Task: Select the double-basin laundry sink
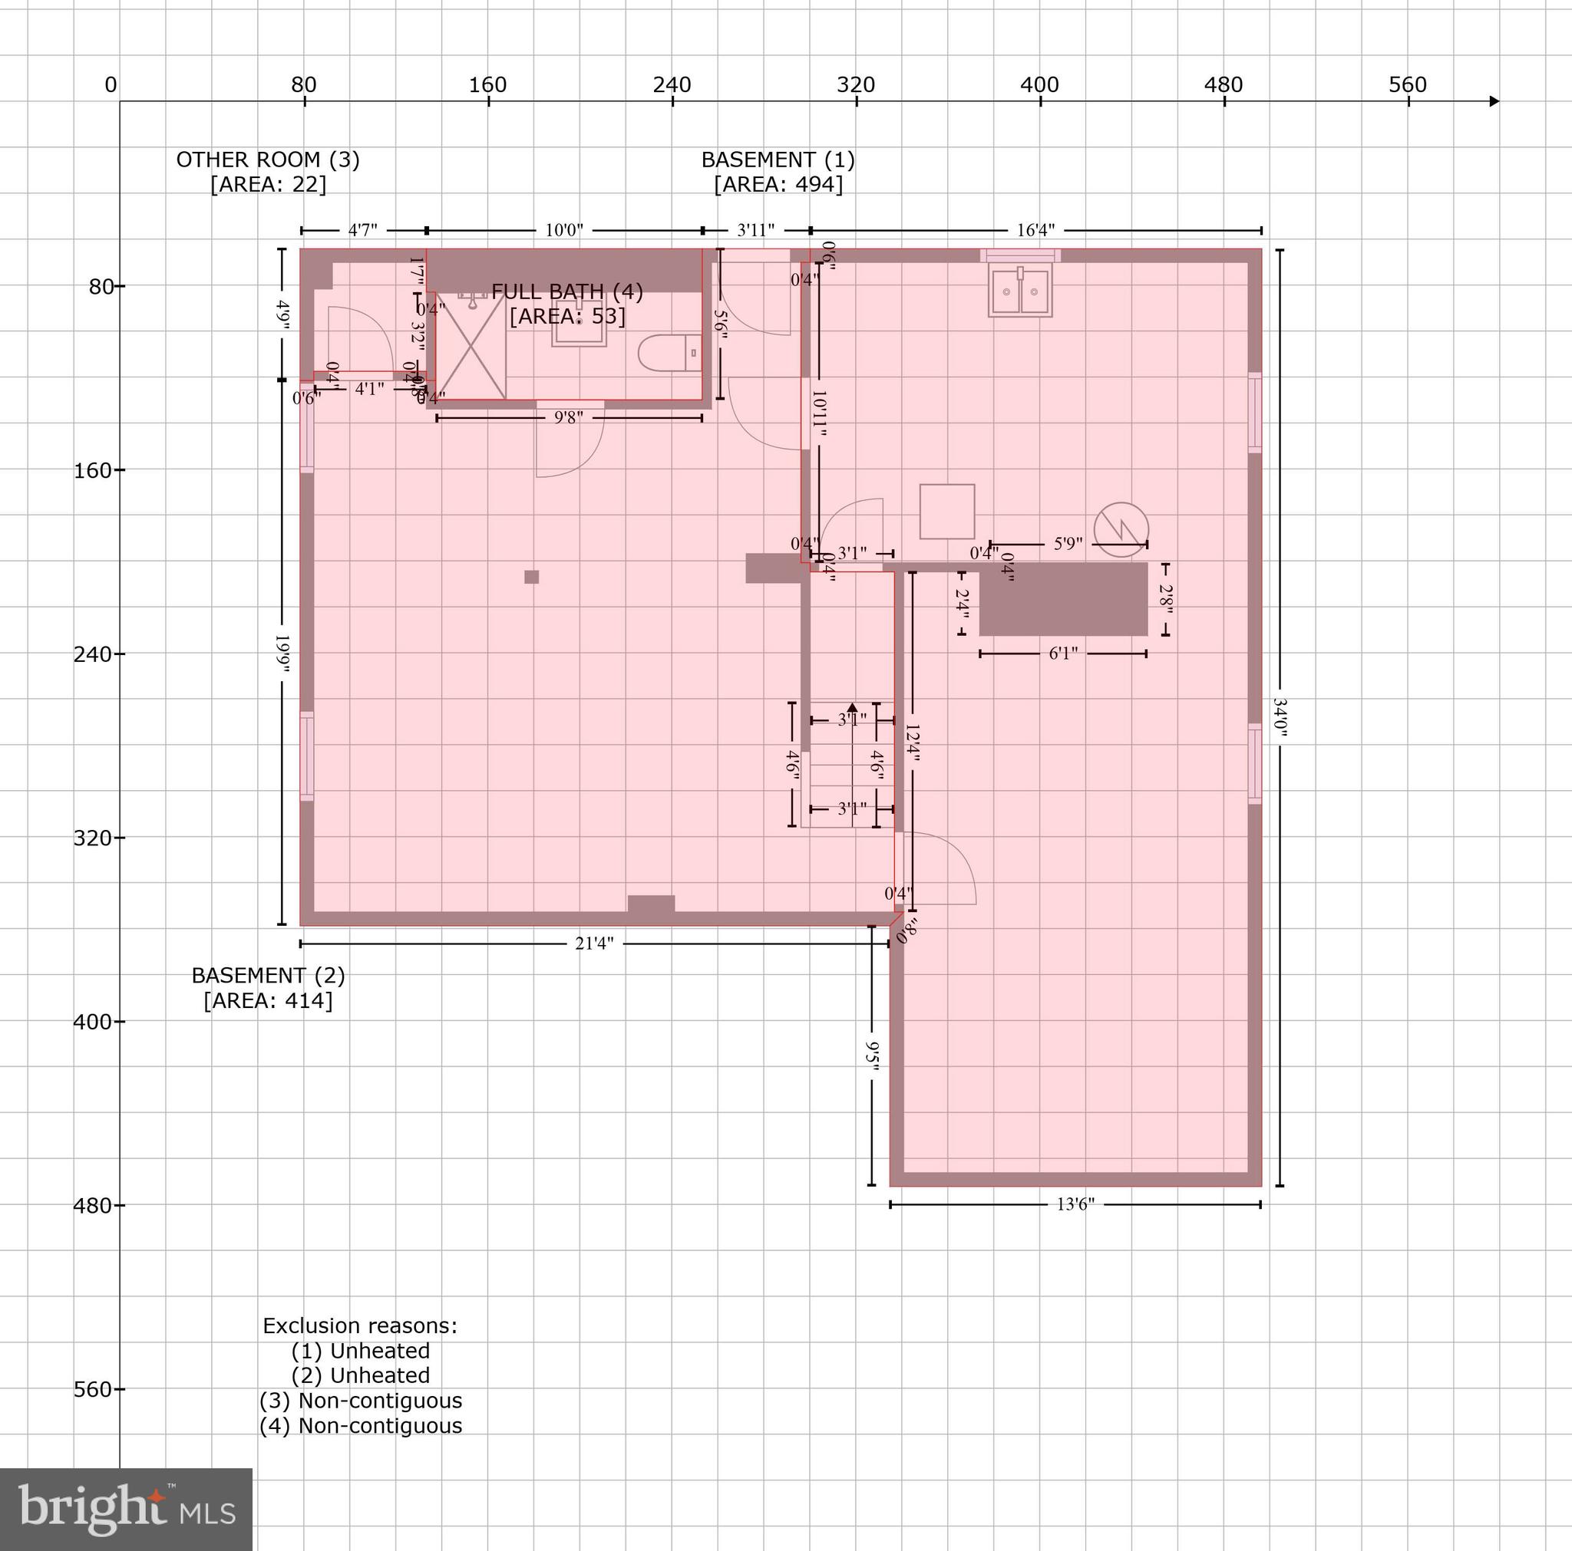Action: point(1019,291)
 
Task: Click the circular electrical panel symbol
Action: point(1121,529)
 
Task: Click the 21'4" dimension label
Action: point(594,943)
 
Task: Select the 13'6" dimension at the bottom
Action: point(1075,1204)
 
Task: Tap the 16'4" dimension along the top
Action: point(1035,230)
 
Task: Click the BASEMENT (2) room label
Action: point(268,975)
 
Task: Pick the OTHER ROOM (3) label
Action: point(268,160)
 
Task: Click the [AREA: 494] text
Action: point(778,185)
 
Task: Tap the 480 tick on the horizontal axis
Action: point(1224,85)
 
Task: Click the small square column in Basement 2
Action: point(531,577)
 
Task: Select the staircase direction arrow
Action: point(852,709)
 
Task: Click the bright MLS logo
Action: point(126,1509)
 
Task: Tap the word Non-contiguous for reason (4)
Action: point(380,1448)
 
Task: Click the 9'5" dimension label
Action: point(872,1056)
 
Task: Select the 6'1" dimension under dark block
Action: point(1062,653)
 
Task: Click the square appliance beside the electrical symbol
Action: point(947,512)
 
